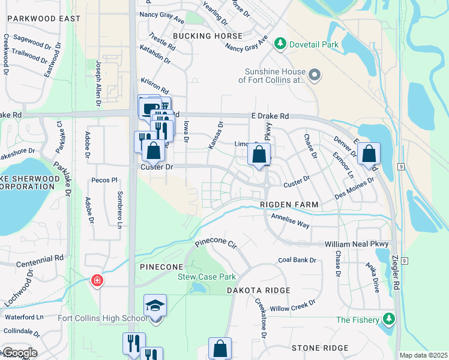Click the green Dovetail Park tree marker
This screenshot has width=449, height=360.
tap(279, 44)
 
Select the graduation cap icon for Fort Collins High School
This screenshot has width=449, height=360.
tap(155, 305)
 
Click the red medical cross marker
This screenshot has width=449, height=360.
tap(96, 280)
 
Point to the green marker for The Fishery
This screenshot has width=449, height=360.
tap(390, 319)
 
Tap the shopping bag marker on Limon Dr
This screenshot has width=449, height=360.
tap(259, 155)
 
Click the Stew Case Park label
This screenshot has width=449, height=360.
tap(206, 277)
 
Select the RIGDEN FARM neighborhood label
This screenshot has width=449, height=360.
tap(288, 205)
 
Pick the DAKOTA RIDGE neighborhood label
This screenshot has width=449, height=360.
tap(258, 290)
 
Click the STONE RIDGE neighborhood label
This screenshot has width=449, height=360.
tap(320, 348)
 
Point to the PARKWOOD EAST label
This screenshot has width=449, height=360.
tap(43, 19)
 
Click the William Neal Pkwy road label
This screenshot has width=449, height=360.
tap(357, 245)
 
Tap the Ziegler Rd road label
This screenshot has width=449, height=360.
tap(396, 275)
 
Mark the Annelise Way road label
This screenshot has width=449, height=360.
tap(290, 220)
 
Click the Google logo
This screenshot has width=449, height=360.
tap(19, 353)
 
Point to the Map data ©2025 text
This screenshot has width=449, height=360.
tap(423, 355)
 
